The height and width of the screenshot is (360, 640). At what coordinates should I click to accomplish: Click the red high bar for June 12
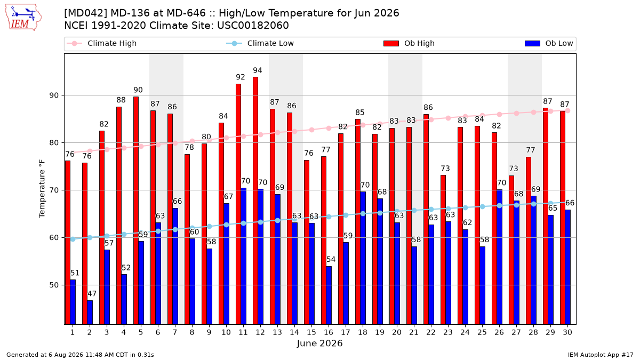coord(255,201)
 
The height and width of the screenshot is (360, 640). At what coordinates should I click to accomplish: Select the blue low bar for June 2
coord(90,313)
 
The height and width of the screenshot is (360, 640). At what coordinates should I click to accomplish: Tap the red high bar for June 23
coord(443,250)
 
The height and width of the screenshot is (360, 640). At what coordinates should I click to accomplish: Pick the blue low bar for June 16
coord(329,295)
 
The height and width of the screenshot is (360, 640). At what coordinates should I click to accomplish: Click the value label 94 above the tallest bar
coord(258,70)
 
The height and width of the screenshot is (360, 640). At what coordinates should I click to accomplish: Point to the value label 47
coord(92,294)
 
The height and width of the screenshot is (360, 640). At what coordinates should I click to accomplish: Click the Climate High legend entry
coord(102,43)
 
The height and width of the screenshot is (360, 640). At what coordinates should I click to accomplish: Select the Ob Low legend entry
coord(549,43)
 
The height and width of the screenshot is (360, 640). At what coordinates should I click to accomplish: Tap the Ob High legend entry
coord(409,43)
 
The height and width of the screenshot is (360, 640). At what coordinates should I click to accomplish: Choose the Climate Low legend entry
coord(260,43)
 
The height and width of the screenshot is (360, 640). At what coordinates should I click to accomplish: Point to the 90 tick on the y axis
coord(54,95)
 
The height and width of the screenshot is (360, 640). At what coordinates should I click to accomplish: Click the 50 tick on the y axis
coord(54,285)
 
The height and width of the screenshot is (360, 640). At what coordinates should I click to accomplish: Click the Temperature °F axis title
coord(42,189)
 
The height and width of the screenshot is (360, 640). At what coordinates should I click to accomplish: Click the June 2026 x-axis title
coord(319,343)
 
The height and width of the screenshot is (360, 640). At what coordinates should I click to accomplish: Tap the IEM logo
coord(23,18)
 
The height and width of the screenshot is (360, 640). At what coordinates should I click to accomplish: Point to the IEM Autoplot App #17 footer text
coord(601,355)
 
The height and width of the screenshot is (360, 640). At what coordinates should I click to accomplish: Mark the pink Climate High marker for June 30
coord(567,111)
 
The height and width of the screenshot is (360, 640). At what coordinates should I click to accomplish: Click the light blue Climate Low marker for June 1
coord(73,239)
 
